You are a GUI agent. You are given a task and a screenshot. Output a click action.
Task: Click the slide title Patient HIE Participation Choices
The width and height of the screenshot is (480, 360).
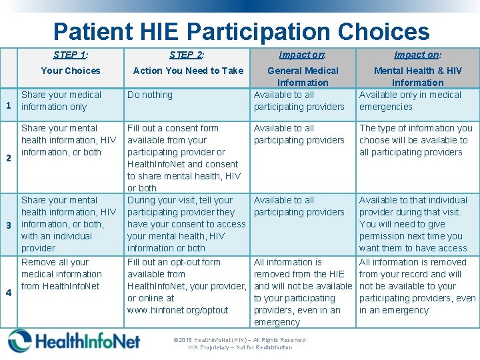click(x=241, y=31)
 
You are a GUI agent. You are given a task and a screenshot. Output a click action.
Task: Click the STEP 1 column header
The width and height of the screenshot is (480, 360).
click(x=70, y=55)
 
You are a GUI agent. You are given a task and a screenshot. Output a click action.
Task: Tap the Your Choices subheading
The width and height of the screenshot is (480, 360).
click(x=70, y=71)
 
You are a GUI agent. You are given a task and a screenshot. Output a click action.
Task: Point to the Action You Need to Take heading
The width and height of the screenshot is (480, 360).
click(x=188, y=71)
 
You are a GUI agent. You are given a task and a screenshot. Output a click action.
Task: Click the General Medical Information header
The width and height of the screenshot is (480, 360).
click(x=303, y=76)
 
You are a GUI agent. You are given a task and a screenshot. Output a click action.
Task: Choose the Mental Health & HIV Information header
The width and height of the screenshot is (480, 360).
click(x=417, y=76)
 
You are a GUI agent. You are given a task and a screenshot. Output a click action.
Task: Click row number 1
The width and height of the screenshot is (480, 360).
click(x=9, y=105)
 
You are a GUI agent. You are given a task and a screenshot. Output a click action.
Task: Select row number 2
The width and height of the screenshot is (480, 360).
click(x=9, y=158)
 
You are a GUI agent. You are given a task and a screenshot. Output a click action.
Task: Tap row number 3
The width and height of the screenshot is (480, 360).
click(x=9, y=225)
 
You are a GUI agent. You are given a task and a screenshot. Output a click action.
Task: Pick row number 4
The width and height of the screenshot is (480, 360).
click(x=9, y=292)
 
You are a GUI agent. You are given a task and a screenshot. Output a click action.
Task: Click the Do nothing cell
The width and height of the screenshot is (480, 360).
click(x=150, y=95)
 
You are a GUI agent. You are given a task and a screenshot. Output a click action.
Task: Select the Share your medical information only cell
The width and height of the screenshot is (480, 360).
click(x=61, y=101)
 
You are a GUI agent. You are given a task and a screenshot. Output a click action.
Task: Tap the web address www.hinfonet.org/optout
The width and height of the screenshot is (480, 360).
click(x=177, y=311)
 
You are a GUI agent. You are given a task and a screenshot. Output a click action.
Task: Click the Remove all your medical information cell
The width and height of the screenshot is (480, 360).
click(x=61, y=274)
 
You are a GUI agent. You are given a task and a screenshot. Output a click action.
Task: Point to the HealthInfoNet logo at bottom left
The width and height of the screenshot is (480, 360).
click(x=75, y=341)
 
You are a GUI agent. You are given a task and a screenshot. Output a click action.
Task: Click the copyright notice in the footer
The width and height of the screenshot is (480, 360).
click(x=239, y=343)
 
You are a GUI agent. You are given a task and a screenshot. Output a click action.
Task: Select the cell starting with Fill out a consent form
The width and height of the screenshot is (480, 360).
click(x=184, y=158)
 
